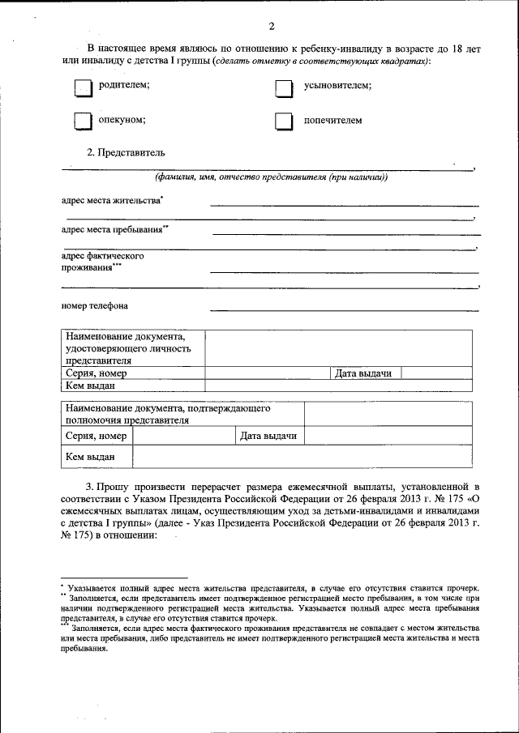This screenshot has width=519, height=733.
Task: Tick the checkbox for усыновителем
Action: [282, 88]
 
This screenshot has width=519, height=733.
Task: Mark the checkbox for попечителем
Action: [282, 121]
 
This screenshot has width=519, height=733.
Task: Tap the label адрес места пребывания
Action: [114, 229]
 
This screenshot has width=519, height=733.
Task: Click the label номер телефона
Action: [94, 306]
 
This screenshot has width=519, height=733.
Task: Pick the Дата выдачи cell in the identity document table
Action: [364, 373]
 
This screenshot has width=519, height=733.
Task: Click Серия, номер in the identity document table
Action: [96, 373]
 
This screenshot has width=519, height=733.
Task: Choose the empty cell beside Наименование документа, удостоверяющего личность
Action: [337, 348]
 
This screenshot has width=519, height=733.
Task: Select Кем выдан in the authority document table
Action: [90, 458]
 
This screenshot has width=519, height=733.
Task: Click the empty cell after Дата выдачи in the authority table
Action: [387, 437]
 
